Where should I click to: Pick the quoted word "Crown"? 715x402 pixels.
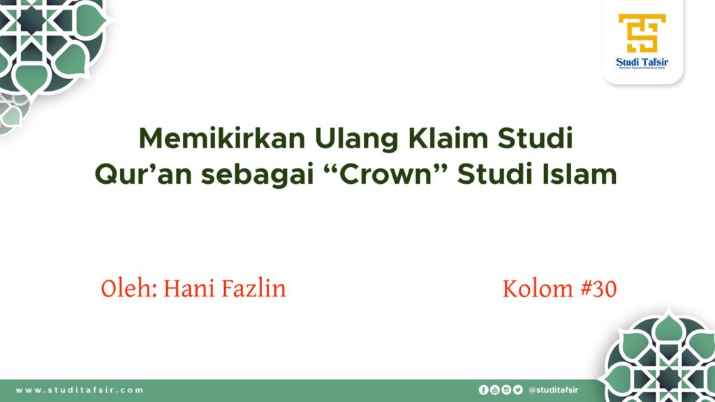pyautogui.click(x=383, y=174)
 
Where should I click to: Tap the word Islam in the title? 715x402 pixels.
pyautogui.click(x=580, y=174)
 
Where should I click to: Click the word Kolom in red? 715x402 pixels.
pyautogui.click(x=536, y=288)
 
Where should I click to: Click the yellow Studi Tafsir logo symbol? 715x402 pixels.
pyautogui.click(x=642, y=33)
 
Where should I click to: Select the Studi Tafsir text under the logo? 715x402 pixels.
pyautogui.click(x=642, y=62)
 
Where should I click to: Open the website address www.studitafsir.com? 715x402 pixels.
pyautogui.click(x=80, y=390)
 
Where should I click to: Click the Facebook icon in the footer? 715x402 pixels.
pyautogui.click(x=483, y=390)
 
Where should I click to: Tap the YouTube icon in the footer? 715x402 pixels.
pyautogui.click(x=495, y=390)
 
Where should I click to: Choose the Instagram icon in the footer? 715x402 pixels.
pyautogui.click(x=506, y=390)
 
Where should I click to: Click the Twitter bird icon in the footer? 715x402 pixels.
pyautogui.click(x=517, y=390)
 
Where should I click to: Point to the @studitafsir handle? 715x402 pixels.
pyautogui.click(x=554, y=390)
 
